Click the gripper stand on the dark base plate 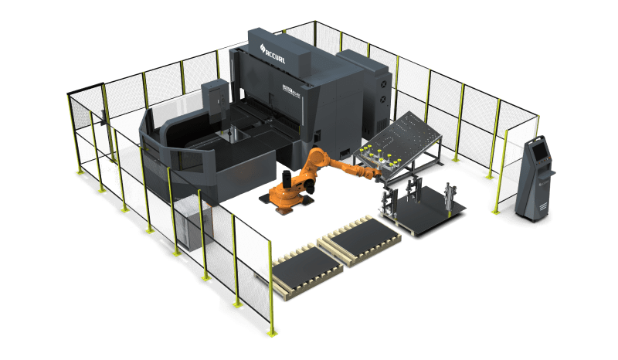[x=449, y=197]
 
